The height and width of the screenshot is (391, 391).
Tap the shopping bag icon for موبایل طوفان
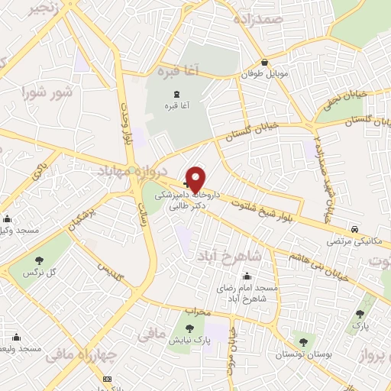pyautogui.click(x=264, y=63)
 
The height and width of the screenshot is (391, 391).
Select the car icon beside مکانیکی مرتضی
pyautogui.click(x=355, y=229)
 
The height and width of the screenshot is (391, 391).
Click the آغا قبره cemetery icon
pyautogui.click(x=167, y=93)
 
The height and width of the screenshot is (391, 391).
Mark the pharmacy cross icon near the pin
pyautogui.click(x=187, y=175)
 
